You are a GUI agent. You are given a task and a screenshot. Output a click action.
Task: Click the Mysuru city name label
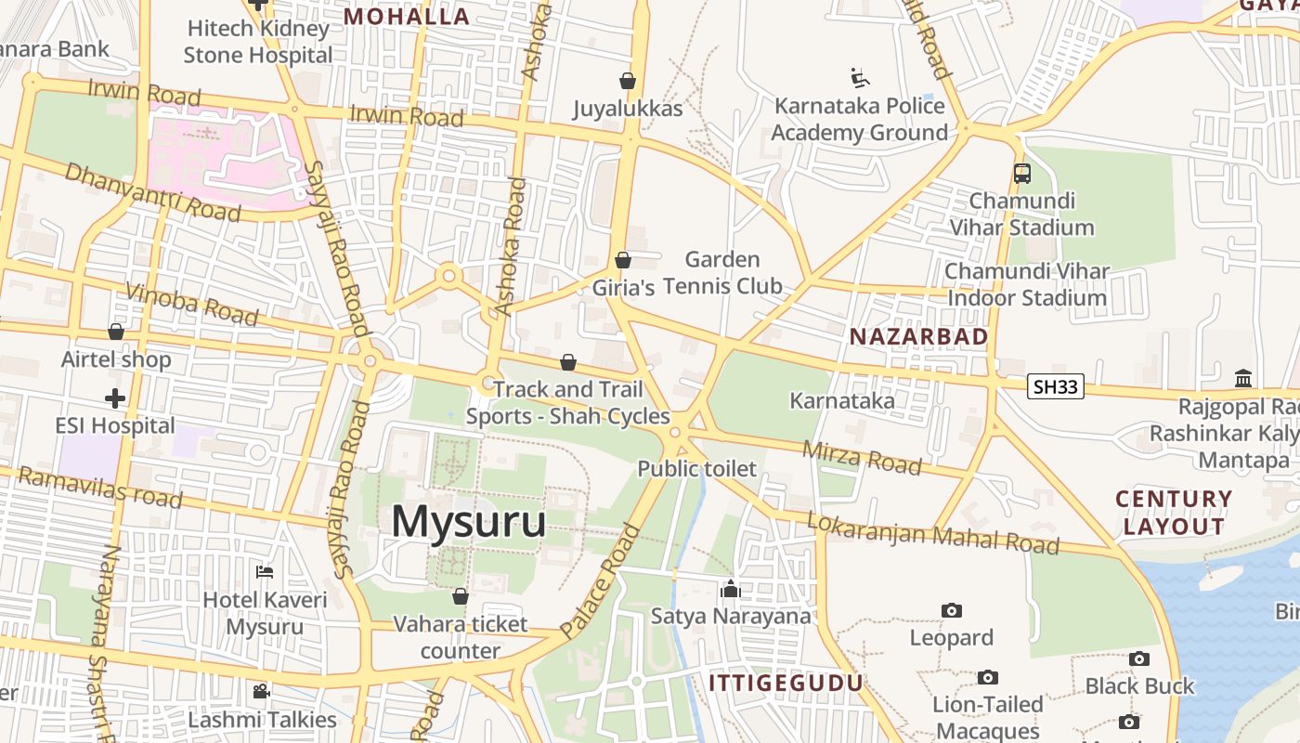click(468, 521)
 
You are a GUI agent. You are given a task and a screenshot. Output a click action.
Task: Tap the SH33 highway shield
click(1056, 386)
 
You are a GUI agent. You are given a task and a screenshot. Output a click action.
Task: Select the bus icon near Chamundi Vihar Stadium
click(1021, 174)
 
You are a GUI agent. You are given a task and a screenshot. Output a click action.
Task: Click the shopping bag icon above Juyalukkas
click(628, 81)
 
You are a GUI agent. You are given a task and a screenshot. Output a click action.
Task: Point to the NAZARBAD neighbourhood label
click(918, 336)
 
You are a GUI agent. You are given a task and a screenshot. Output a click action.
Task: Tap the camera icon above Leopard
click(951, 610)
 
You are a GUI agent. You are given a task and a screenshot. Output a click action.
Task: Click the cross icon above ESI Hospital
click(115, 398)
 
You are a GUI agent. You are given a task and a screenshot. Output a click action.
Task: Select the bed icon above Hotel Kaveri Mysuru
click(265, 572)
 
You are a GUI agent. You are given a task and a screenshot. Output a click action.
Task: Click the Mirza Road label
click(863, 457)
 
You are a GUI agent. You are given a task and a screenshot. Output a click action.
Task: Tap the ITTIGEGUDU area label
click(786, 684)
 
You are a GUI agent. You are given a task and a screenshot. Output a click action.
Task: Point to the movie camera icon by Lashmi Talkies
click(262, 692)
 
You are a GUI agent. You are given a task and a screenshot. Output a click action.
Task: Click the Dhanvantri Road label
click(153, 192)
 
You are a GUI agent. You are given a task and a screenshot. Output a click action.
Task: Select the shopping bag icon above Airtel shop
click(116, 332)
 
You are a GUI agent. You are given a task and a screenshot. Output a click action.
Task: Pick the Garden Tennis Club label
click(722, 272)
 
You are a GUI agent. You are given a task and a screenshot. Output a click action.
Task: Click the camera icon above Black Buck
click(1139, 658)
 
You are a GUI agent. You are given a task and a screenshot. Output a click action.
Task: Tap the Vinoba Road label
click(191, 305)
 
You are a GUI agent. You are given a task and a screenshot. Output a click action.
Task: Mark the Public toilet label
click(696, 469)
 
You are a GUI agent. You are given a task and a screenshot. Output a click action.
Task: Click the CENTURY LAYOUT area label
click(1174, 513)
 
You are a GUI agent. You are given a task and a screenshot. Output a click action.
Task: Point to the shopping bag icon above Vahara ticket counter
click(460, 596)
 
